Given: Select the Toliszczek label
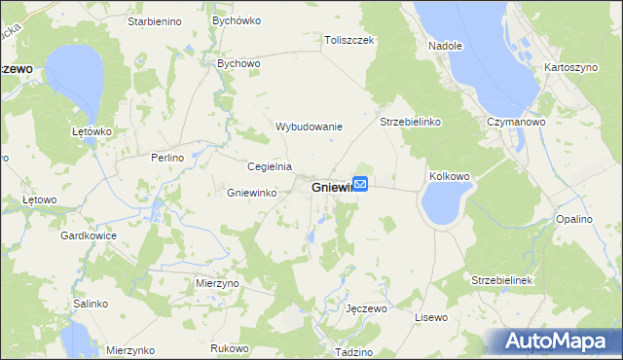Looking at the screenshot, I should click(350, 41).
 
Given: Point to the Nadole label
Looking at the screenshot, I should click(445, 46).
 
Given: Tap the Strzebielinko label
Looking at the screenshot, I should click(411, 123).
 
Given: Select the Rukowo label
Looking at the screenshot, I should click(230, 347).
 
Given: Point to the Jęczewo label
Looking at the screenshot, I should click(367, 308).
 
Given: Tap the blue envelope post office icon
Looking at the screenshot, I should click(360, 183).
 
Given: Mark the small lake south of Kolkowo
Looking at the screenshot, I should click(442, 204).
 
